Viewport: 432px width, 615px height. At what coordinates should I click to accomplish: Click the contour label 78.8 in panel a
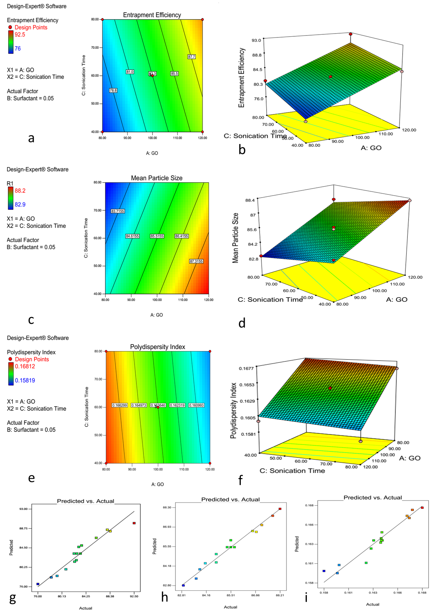point(113,91)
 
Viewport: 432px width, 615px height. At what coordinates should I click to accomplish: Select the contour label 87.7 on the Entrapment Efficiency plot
point(191,57)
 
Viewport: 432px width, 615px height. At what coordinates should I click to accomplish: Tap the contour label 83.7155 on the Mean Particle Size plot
point(118,211)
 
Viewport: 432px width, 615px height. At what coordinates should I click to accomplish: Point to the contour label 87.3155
point(196,261)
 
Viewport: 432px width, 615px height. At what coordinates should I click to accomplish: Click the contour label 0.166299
point(120,405)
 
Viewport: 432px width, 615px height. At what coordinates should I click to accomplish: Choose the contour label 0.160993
point(196,405)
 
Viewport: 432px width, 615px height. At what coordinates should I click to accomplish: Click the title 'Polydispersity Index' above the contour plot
point(158,347)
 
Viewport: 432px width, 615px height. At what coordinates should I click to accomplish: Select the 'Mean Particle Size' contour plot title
point(157,178)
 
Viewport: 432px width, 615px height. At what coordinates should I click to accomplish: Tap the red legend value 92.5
point(20,35)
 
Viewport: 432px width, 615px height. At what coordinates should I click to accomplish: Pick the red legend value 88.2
point(20,191)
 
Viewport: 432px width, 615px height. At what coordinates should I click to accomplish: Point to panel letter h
point(165,597)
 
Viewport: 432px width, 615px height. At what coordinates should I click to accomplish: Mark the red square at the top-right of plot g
point(134,523)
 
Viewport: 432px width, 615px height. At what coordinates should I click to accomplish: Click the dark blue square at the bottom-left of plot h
point(183,585)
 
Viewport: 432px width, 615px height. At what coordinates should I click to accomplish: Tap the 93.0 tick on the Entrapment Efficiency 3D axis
point(256,40)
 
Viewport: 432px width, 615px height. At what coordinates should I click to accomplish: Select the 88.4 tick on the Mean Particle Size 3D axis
point(250,200)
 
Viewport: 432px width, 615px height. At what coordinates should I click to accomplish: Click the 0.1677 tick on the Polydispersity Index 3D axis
point(246,368)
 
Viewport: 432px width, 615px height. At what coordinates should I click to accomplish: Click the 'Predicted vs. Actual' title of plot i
point(373,497)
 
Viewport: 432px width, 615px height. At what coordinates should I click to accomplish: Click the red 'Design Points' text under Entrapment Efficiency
point(31,27)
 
